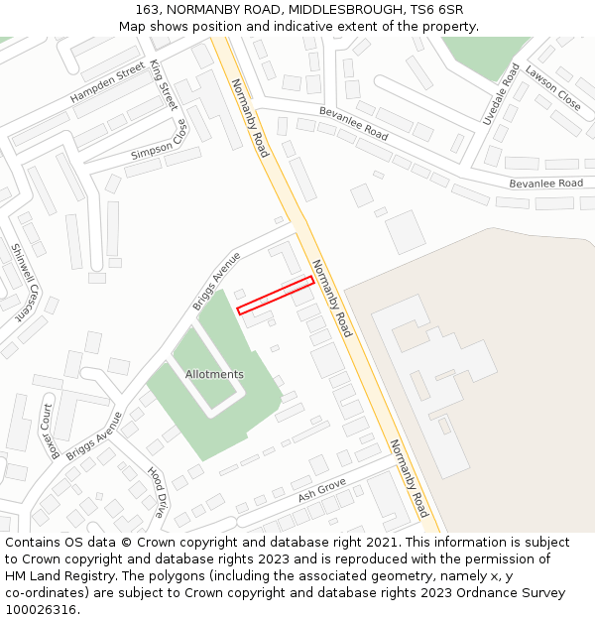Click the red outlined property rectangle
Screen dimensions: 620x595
276,296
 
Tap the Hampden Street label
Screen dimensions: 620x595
107,84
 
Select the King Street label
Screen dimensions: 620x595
164,83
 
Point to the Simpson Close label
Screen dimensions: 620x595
159,140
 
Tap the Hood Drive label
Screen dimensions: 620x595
157,492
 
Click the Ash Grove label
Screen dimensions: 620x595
321,487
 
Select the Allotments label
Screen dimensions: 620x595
214,374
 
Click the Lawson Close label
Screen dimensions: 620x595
553,87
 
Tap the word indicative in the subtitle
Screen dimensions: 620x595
293,27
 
